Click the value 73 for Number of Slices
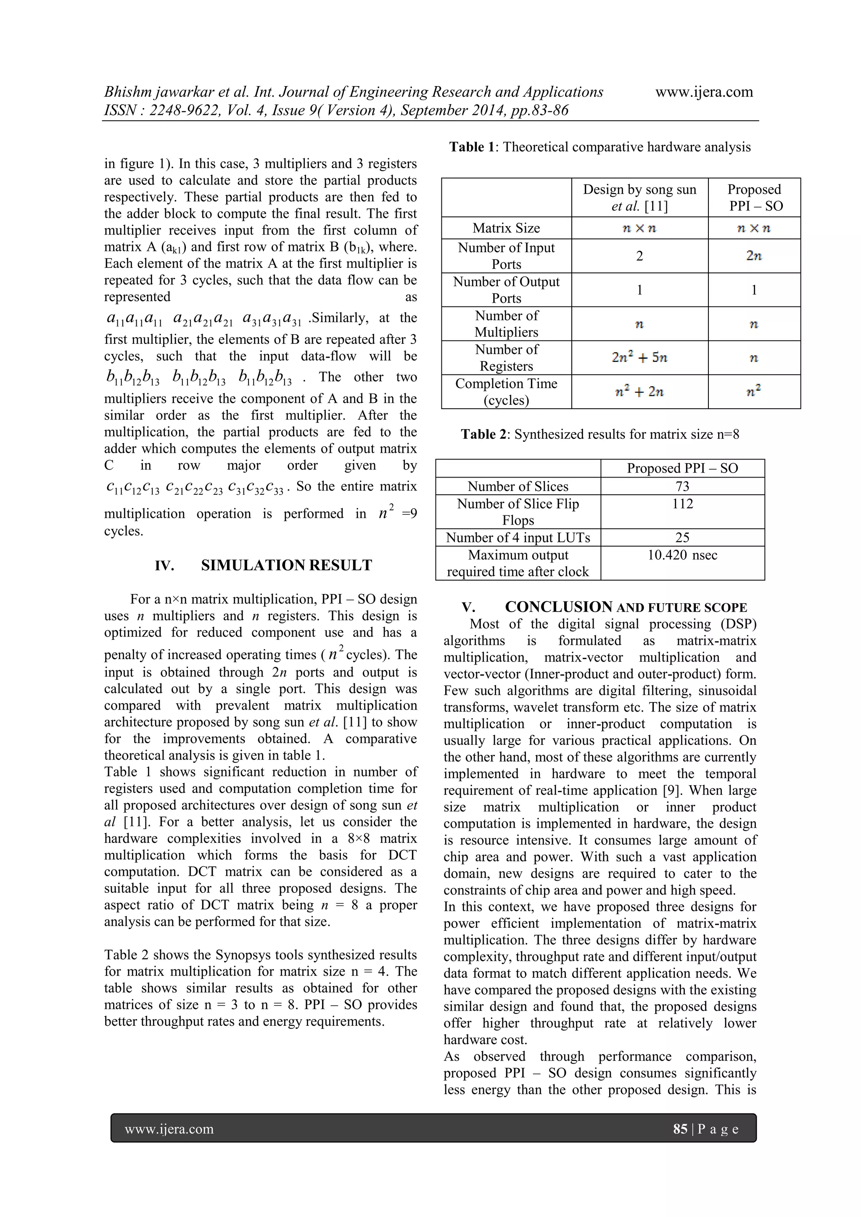682,486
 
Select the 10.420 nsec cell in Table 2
682,555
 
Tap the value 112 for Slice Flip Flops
682,504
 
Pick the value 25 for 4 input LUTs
682,538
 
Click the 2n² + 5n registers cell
639,358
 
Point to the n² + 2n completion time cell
639,392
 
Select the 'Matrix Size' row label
506,228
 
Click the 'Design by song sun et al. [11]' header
639,197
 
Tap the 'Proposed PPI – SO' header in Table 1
753,197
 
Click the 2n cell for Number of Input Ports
753,256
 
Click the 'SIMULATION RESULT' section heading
286,565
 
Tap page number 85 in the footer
680,1128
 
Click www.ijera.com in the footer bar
169,1128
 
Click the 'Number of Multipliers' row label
506,323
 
